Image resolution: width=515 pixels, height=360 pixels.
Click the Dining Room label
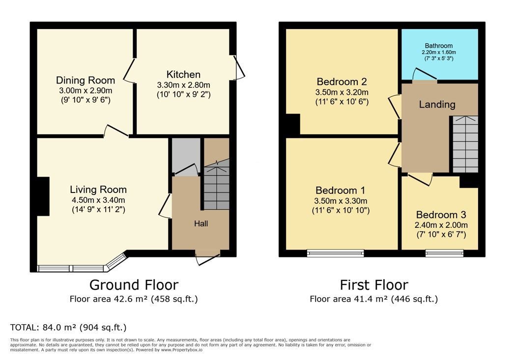click(86, 81)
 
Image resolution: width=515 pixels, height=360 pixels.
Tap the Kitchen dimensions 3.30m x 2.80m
click(184, 85)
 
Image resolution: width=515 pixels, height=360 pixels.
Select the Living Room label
click(98, 190)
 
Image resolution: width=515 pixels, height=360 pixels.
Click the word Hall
click(201, 224)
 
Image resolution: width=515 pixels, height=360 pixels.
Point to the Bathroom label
click(439, 46)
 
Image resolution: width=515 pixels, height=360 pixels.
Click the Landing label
click(437, 104)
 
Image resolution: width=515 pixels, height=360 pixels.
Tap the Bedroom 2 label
click(342, 82)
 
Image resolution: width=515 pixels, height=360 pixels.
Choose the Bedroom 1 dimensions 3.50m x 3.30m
click(341, 201)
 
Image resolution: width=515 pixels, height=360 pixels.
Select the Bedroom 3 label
click(441, 215)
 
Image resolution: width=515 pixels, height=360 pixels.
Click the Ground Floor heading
click(134, 285)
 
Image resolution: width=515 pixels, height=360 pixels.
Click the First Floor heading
click(374, 285)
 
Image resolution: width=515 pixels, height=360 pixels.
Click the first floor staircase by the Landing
click(465, 144)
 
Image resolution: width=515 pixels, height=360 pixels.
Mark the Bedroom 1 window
click(336, 253)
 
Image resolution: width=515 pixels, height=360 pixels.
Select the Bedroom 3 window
click(445, 253)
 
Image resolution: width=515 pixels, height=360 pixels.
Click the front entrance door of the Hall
click(207, 259)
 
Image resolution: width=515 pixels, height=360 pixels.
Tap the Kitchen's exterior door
click(239, 67)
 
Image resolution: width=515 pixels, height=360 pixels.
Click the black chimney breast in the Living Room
click(43, 196)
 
